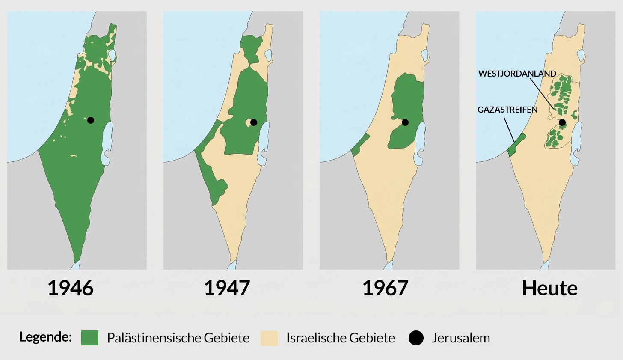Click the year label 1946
(x=71, y=288)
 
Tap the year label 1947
(x=227, y=288)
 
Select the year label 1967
(x=385, y=288)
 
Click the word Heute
(x=549, y=288)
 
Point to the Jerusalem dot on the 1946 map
(x=91, y=120)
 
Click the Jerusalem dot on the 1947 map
(x=254, y=122)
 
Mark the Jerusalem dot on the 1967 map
(x=405, y=122)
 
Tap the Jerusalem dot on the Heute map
(x=562, y=122)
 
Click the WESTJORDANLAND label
(x=517, y=74)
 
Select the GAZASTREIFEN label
(x=507, y=110)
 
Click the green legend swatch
(x=90, y=338)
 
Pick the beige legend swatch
(x=269, y=338)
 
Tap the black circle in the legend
(x=416, y=338)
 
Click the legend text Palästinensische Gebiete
(x=178, y=338)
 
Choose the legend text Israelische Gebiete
(x=341, y=338)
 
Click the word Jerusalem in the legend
(x=460, y=338)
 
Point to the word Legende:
(x=45, y=337)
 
